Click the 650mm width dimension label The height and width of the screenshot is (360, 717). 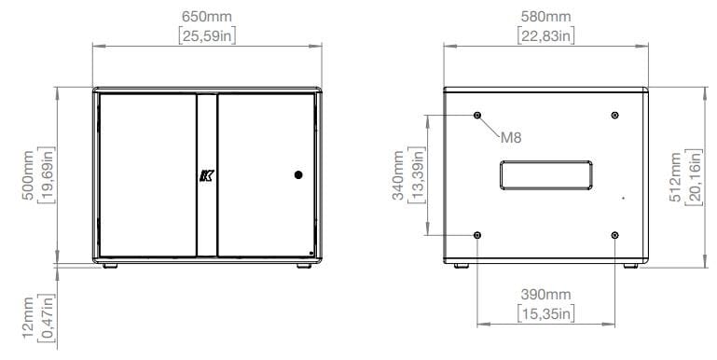207,17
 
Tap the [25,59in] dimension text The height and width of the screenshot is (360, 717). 207,36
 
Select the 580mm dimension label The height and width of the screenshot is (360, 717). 546,17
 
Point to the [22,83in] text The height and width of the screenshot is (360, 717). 546,36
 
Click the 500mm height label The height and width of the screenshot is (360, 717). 28,174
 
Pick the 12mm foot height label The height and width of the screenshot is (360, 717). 28,318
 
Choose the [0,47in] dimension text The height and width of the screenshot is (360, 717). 47,318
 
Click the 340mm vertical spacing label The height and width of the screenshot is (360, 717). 398,175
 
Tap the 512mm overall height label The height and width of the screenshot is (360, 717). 675,177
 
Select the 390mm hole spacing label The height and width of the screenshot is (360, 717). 546,295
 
